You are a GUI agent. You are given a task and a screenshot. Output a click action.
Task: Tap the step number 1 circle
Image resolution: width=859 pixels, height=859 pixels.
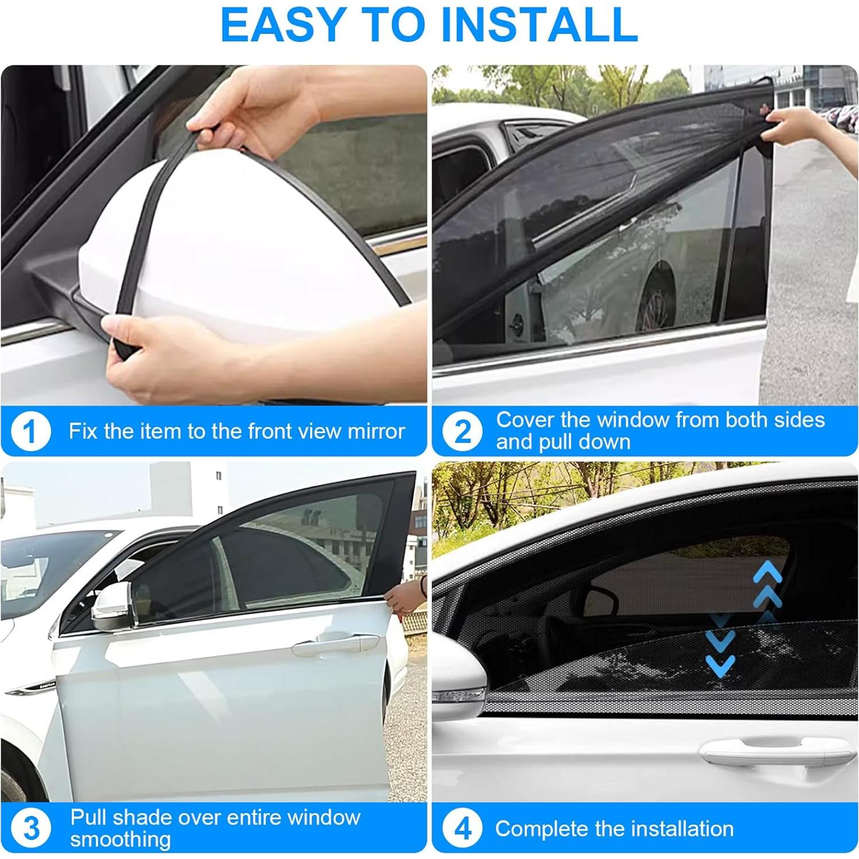pyautogui.click(x=30, y=432)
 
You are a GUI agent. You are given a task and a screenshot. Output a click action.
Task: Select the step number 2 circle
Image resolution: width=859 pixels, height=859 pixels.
pyautogui.click(x=462, y=432)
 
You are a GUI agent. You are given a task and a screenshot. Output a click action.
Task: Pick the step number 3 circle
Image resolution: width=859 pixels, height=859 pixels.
pyautogui.click(x=31, y=828)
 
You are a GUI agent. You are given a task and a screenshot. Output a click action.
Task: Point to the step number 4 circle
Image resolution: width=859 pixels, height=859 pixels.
pyautogui.click(x=462, y=829)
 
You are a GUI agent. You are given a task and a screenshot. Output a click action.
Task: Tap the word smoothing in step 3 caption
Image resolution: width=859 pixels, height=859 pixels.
pyautogui.click(x=121, y=839)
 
